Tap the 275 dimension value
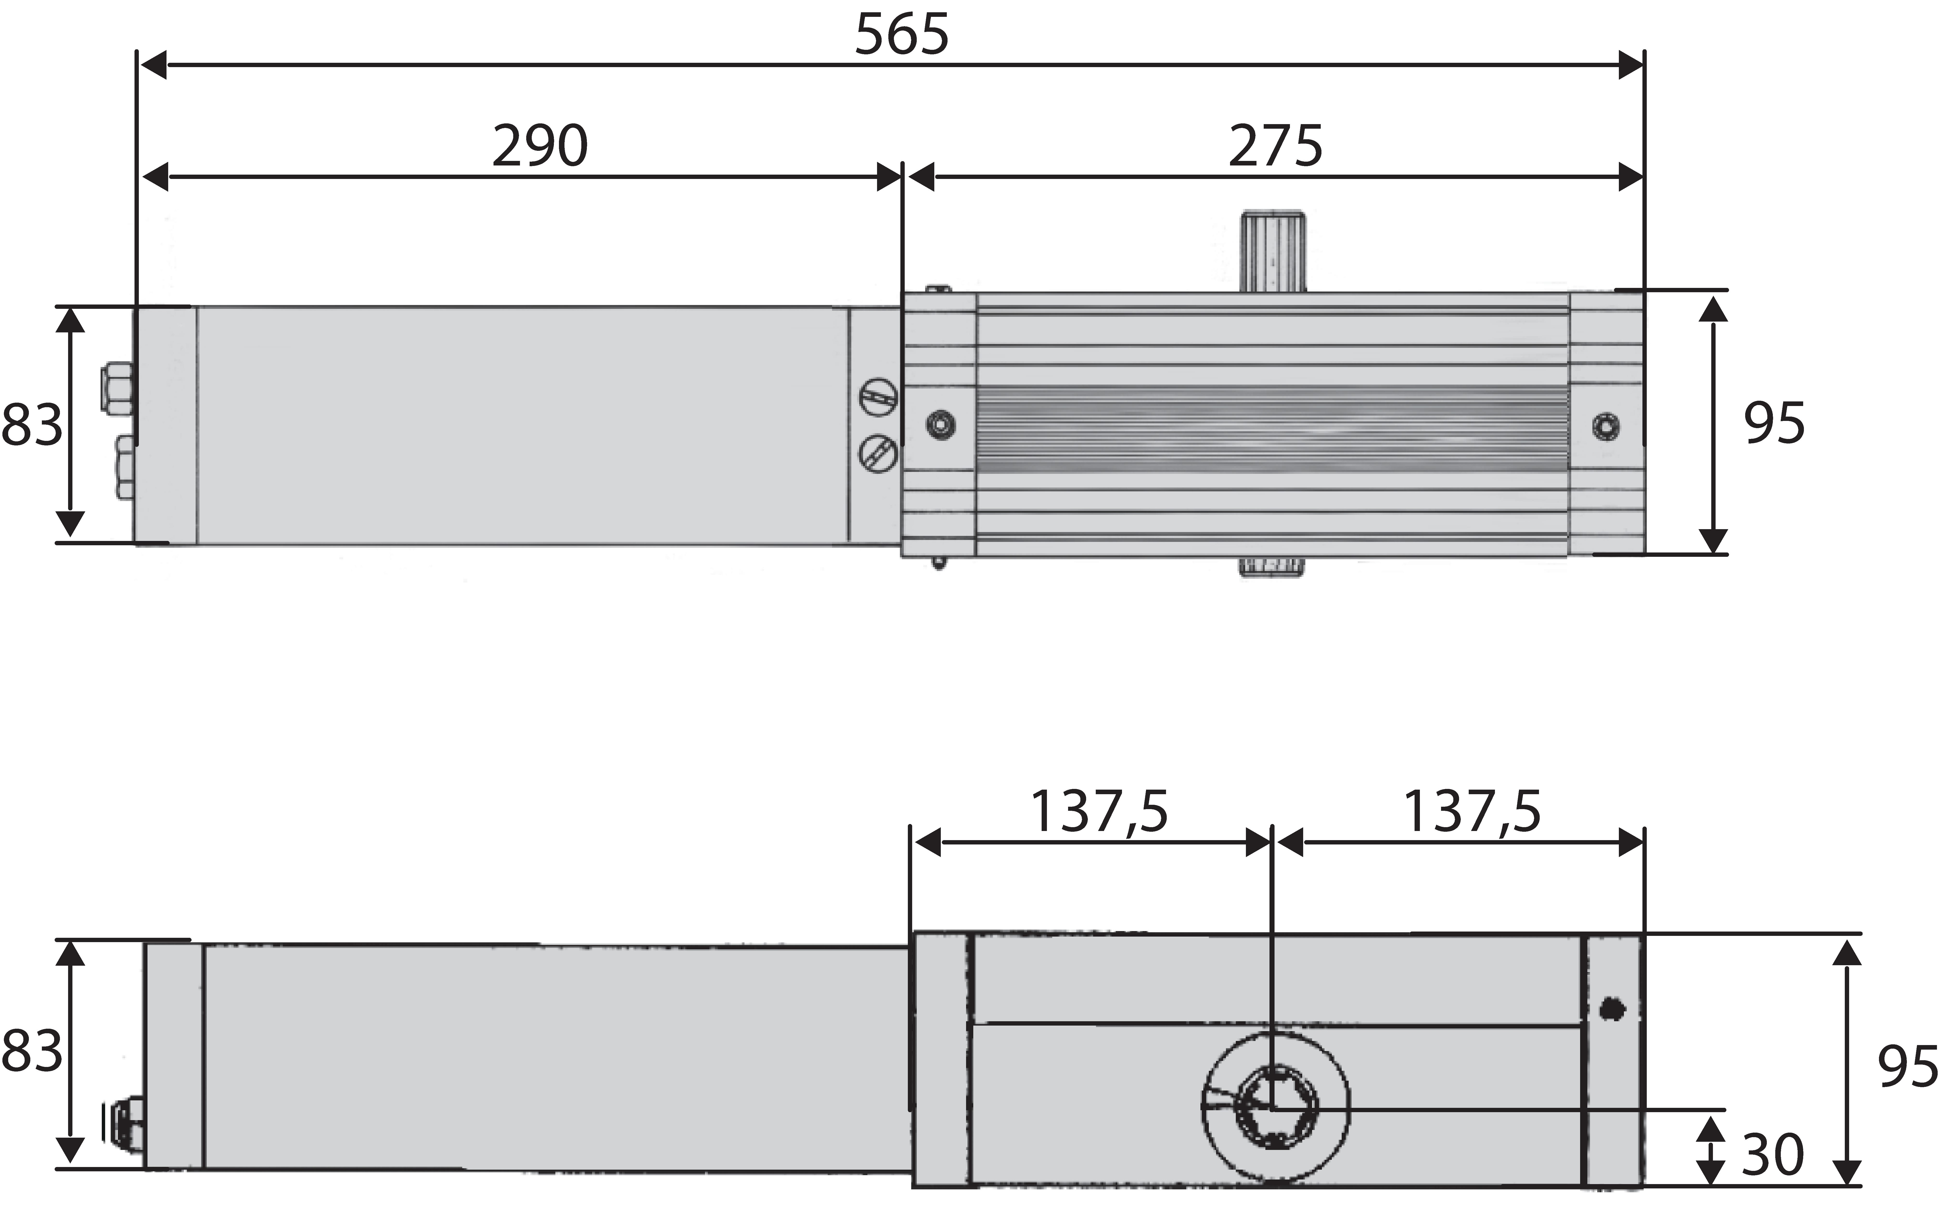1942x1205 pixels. coord(1275,147)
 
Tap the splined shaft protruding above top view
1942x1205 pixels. coord(1272,251)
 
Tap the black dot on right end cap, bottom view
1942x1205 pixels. coord(1612,1008)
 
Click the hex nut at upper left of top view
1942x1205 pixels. coord(116,388)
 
